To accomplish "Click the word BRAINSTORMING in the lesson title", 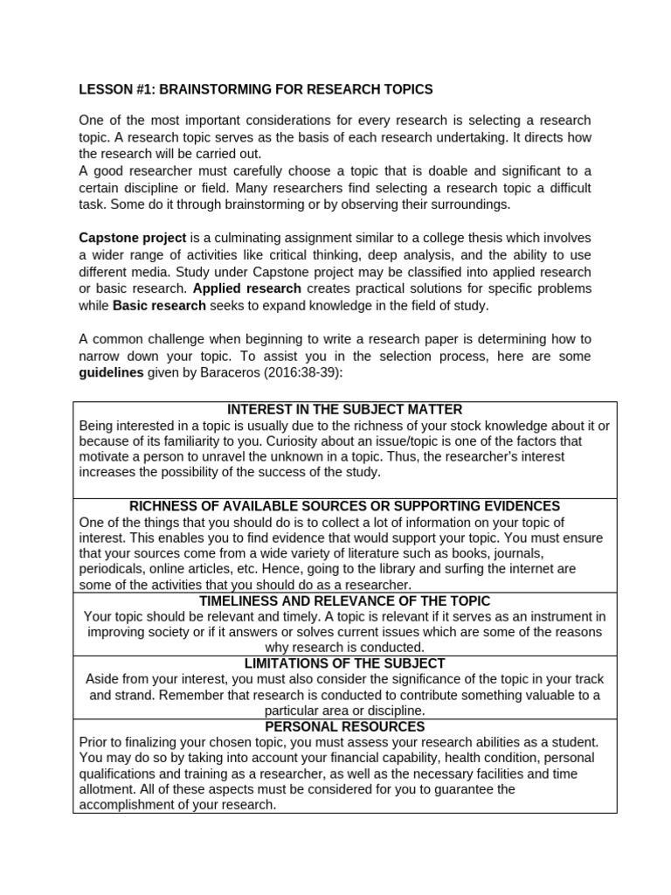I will pos(203,90).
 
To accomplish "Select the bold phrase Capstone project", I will pos(133,238).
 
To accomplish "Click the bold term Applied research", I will pos(246,288).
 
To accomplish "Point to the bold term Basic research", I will pos(159,305).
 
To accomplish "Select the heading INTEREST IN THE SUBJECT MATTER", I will pos(344,409).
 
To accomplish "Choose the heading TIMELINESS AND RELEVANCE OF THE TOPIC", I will pos(344,601).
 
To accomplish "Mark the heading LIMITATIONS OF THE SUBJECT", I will pos(344,663).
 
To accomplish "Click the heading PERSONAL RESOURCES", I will pos(344,726).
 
